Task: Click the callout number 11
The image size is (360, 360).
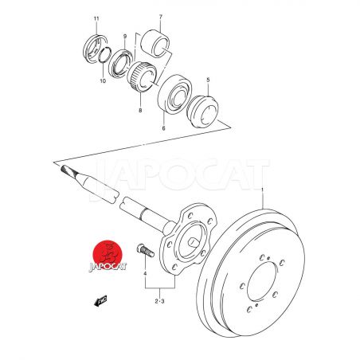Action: click(96, 18)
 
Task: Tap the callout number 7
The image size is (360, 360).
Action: click(161, 17)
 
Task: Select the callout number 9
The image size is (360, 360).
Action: click(125, 36)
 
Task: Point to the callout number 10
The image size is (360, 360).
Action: click(103, 80)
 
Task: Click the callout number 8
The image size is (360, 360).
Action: click(140, 111)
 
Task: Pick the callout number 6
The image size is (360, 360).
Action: click(163, 128)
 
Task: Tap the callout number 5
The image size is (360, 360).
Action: click(208, 80)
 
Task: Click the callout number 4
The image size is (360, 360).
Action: click(145, 273)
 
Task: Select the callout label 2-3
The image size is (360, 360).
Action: click(159, 301)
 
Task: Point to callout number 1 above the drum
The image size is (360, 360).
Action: click(262, 190)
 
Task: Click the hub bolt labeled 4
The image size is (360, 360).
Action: click(146, 250)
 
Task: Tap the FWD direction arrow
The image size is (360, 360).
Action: click(100, 301)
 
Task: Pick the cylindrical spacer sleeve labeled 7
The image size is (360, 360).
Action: click(155, 44)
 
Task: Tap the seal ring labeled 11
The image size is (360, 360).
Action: click(95, 49)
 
